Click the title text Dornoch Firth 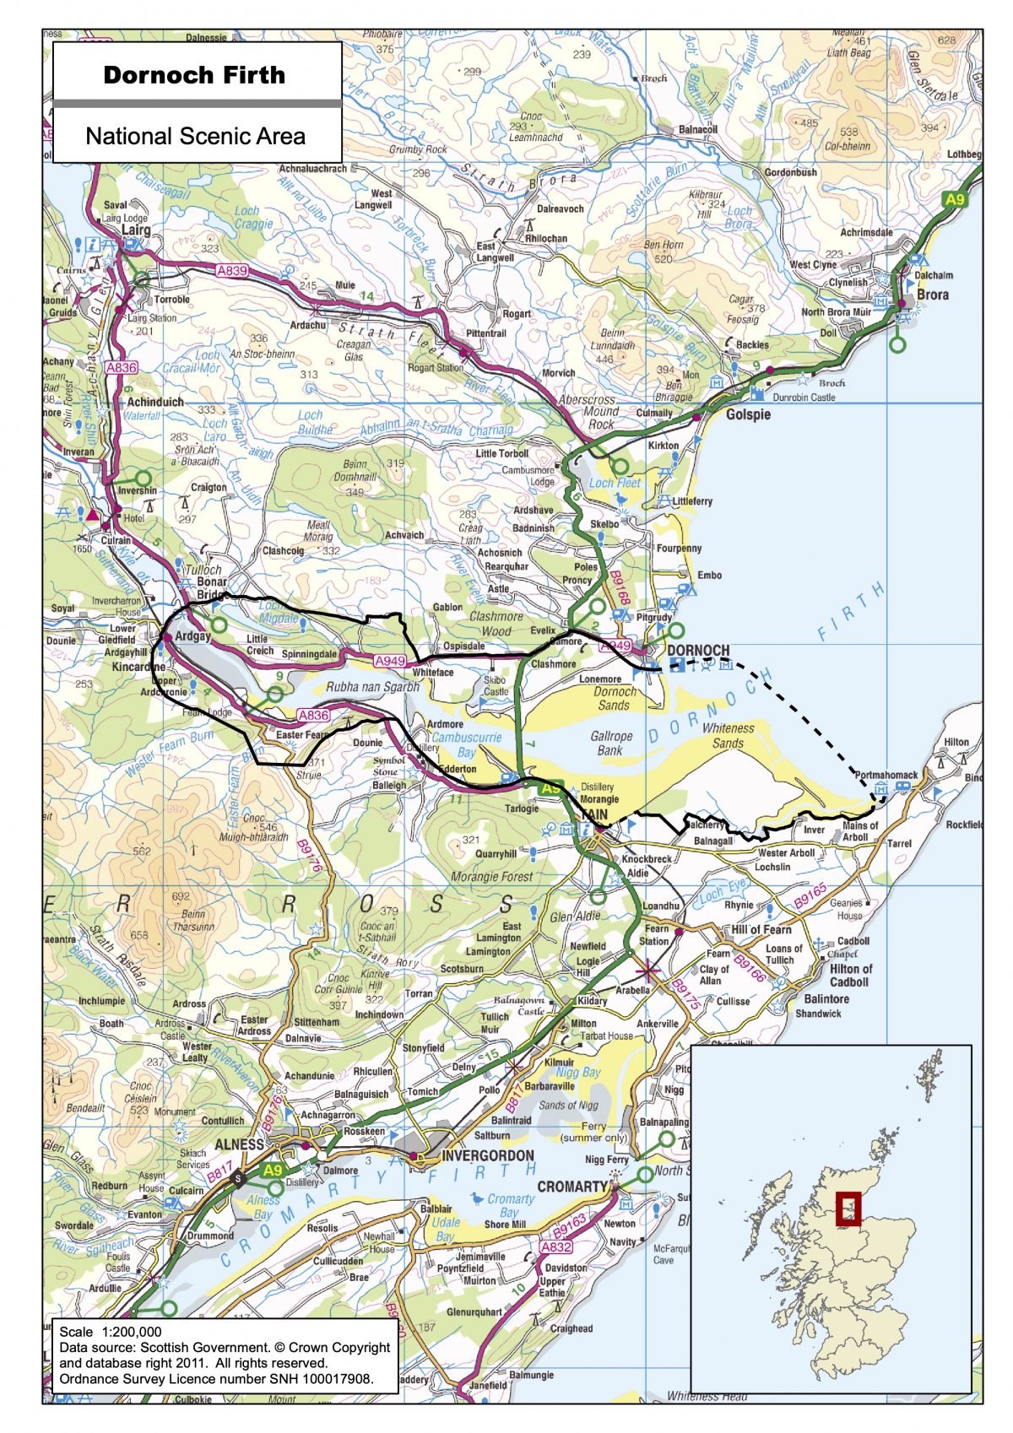click(194, 75)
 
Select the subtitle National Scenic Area click(195, 136)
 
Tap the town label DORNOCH click(698, 651)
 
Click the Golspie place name click(748, 414)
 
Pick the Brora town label click(932, 295)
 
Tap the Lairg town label click(136, 230)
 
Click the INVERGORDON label click(488, 1155)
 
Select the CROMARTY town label click(572, 1186)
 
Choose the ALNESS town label click(240, 1144)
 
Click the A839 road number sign click(232, 271)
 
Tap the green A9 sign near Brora click(954, 200)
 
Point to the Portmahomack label click(886, 775)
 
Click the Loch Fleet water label click(615, 483)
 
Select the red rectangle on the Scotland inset click(848, 1209)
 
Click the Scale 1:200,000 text click(111, 1332)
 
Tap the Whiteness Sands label click(728, 735)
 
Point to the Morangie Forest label click(492, 876)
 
